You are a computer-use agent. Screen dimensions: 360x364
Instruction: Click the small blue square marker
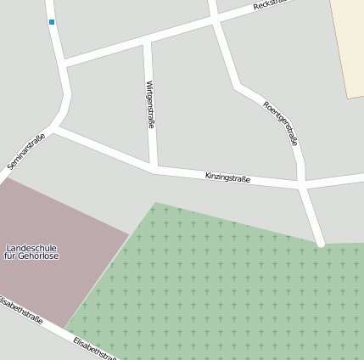52,22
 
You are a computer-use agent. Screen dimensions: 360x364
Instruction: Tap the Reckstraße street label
272,5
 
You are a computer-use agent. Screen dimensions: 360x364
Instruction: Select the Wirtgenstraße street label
150,104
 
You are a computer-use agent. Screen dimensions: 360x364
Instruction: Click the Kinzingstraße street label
227,177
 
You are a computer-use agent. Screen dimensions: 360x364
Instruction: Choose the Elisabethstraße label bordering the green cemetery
95,348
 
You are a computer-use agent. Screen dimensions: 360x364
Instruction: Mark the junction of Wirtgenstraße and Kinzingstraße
154,169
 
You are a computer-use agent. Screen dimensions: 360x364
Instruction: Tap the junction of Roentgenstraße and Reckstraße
214,20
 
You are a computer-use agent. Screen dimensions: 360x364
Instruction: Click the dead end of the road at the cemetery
321,245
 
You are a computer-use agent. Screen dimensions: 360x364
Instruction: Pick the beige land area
348,47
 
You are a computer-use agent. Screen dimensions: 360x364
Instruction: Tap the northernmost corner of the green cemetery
155,203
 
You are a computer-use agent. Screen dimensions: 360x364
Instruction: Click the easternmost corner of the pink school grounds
129,234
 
